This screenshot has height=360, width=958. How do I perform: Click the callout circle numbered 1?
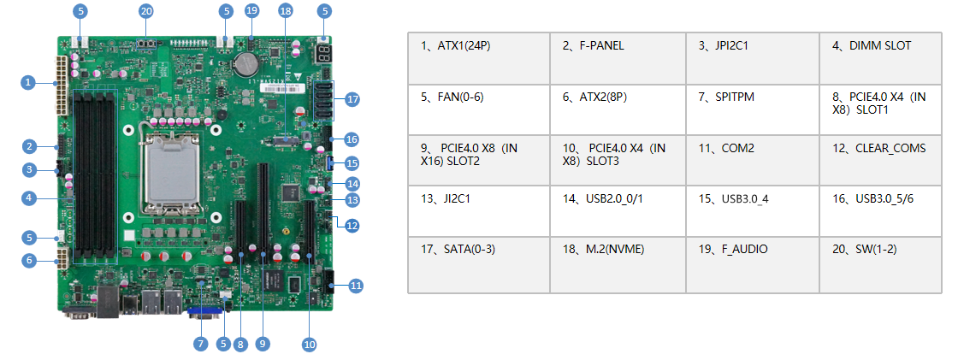click(28, 82)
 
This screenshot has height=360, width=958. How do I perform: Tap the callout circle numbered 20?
click(146, 11)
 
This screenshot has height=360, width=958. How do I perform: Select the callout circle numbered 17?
click(352, 99)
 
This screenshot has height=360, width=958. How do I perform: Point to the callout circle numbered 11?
click(356, 285)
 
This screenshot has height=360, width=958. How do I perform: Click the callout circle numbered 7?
click(200, 343)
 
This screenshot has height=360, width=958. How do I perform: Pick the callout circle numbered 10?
click(309, 344)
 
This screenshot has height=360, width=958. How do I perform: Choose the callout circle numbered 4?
click(28, 198)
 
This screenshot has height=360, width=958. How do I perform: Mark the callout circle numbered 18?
click(285, 11)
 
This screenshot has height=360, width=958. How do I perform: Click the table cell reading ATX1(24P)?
click(478, 58)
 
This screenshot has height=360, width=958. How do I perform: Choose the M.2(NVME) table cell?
click(616, 263)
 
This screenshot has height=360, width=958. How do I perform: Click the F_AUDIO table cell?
click(753, 263)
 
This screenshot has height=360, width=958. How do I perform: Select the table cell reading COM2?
click(753, 160)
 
